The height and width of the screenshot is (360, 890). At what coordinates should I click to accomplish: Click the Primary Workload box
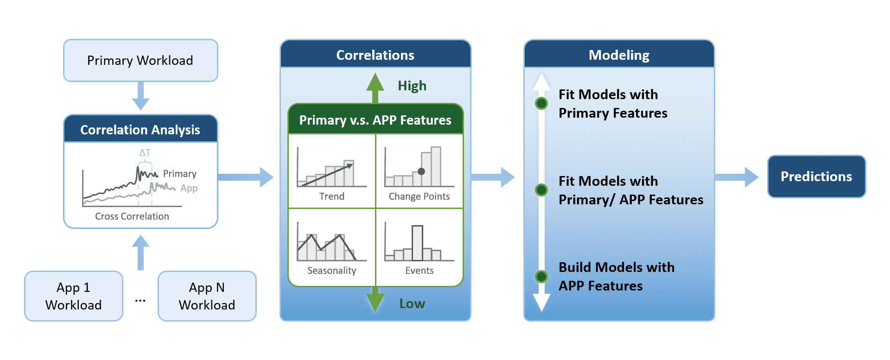point(140,60)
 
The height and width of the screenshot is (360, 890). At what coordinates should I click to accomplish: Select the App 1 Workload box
point(74,296)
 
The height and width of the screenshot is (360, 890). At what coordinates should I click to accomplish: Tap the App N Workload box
point(207,296)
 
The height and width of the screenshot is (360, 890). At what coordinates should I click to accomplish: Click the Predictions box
point(816,177)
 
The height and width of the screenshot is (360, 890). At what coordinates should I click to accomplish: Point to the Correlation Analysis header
point(140,129)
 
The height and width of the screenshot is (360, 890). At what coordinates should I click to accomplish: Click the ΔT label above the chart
point(145,152)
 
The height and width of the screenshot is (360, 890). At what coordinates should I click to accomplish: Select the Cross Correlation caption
point(132,216)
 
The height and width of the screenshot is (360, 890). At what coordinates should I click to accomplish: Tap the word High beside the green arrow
point(412,86)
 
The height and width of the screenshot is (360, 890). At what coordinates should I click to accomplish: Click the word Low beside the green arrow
point(412,303)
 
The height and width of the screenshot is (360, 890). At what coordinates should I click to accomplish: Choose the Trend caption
point(332,196)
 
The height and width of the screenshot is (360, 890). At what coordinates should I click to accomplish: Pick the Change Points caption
point(420,196)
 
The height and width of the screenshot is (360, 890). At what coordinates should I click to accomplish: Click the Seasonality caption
point(332,271)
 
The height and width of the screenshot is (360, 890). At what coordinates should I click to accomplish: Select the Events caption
point(420,271)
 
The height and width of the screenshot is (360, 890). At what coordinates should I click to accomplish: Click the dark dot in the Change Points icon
point(421,171)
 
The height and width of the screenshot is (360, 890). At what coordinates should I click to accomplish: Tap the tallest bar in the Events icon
point(417,243)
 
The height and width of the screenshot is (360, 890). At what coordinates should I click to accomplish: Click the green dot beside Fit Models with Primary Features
point(541,103)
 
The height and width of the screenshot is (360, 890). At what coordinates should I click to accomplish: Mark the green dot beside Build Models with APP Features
point(541,277)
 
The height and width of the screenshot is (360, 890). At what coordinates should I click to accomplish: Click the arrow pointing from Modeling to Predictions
point(737,177)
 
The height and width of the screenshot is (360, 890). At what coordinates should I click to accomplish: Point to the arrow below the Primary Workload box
point(140,96)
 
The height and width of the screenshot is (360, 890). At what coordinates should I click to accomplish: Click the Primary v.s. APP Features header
point(375,120)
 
